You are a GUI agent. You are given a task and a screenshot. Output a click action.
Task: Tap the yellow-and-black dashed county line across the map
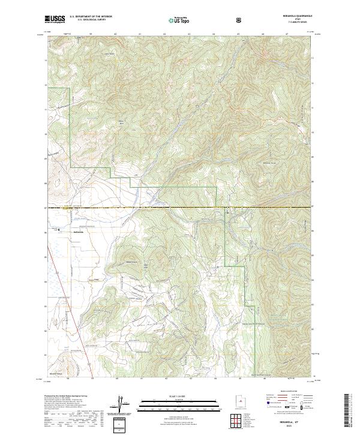pos(180,208)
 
